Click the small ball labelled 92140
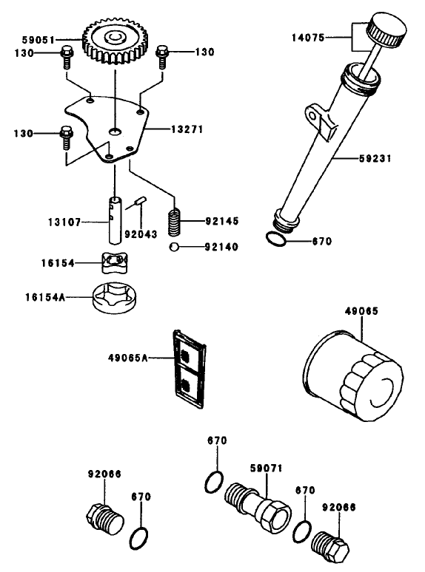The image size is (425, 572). (x=172, y=247)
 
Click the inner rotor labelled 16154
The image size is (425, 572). (x=111, y=263)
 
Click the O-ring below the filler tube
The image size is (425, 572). (x=275, y=239)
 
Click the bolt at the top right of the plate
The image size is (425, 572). (x=163, y=52)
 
